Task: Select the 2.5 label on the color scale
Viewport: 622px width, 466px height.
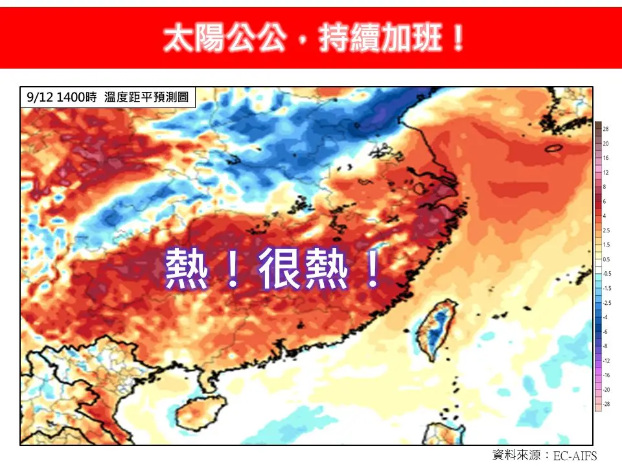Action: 606,230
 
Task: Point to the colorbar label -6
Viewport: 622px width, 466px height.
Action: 606,332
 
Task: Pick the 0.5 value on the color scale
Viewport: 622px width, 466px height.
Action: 606,260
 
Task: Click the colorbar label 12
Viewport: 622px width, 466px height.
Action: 606,173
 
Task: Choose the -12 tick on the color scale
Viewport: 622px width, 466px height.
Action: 606,361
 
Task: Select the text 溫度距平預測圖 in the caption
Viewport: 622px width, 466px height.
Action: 146,98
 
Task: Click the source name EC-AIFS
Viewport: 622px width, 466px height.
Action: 575,455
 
